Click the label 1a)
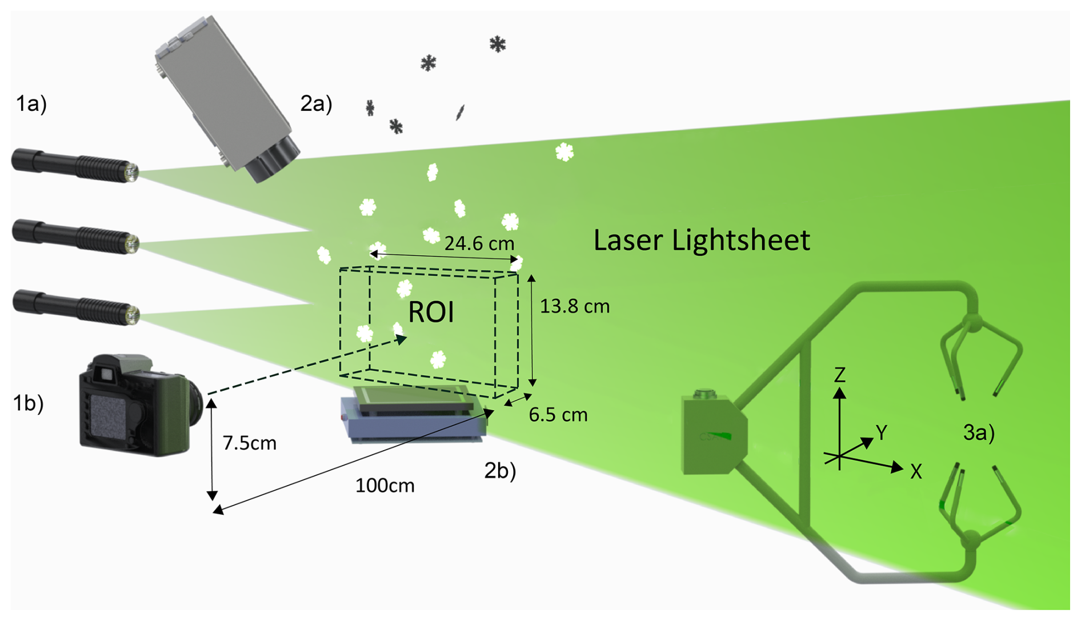click(x=31, y=104)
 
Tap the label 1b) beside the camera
click(x=28, y=403)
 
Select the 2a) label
click(x=316, y=104)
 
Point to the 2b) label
click(x=500, y=470)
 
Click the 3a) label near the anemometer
click(x=979, y=433)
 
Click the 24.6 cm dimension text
click(x=479, y=244)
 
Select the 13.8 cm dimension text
click(x=574, y=307)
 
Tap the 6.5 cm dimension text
click(x=558, y=415)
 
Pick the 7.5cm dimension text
click(x=249, y=443)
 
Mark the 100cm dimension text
click(x=385, y=486)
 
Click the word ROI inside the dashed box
click(x=431, y=312)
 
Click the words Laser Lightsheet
click(x=701, y=241)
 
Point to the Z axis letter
click(x=839, y=375)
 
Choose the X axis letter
click(x=916, y=472)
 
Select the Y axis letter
click(x=882, y=433)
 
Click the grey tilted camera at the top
click(x=226, y=97)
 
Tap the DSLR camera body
click(x=137, y=406)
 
